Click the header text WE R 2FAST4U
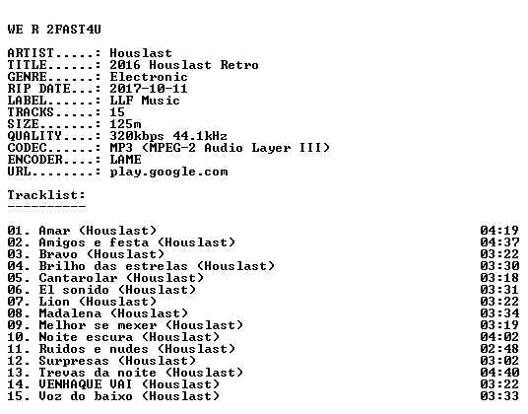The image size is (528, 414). click(x=54, y=30)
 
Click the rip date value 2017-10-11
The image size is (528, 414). click(x=149, y=89)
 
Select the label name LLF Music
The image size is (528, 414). click(x=145, y=101)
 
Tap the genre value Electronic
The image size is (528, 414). click(x=149, y=77)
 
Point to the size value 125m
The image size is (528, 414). click(x=126, y=124)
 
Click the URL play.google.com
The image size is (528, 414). click(x=168, y=172)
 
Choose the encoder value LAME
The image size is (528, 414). click(x=126, y=160)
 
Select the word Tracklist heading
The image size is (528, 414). click(x=46, y=195)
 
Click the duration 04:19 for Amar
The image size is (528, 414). click(x=499, y=231)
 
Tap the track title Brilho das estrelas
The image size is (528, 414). click(x=113, y=266)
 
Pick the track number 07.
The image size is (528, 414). click(x=15, y=302)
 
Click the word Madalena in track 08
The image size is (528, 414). click(x=70, y=313)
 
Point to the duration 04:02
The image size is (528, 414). click(x=499, y=337)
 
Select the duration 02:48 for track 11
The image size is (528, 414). click(x=499, y=349)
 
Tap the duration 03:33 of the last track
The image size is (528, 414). click(x=499, y=396)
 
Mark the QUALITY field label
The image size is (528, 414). click(x=34, y=136)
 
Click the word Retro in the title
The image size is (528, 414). click(x=239, y=65)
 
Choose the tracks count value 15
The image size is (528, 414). click(x=117, y=112)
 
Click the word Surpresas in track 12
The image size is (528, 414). click(x=74, y=361)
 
